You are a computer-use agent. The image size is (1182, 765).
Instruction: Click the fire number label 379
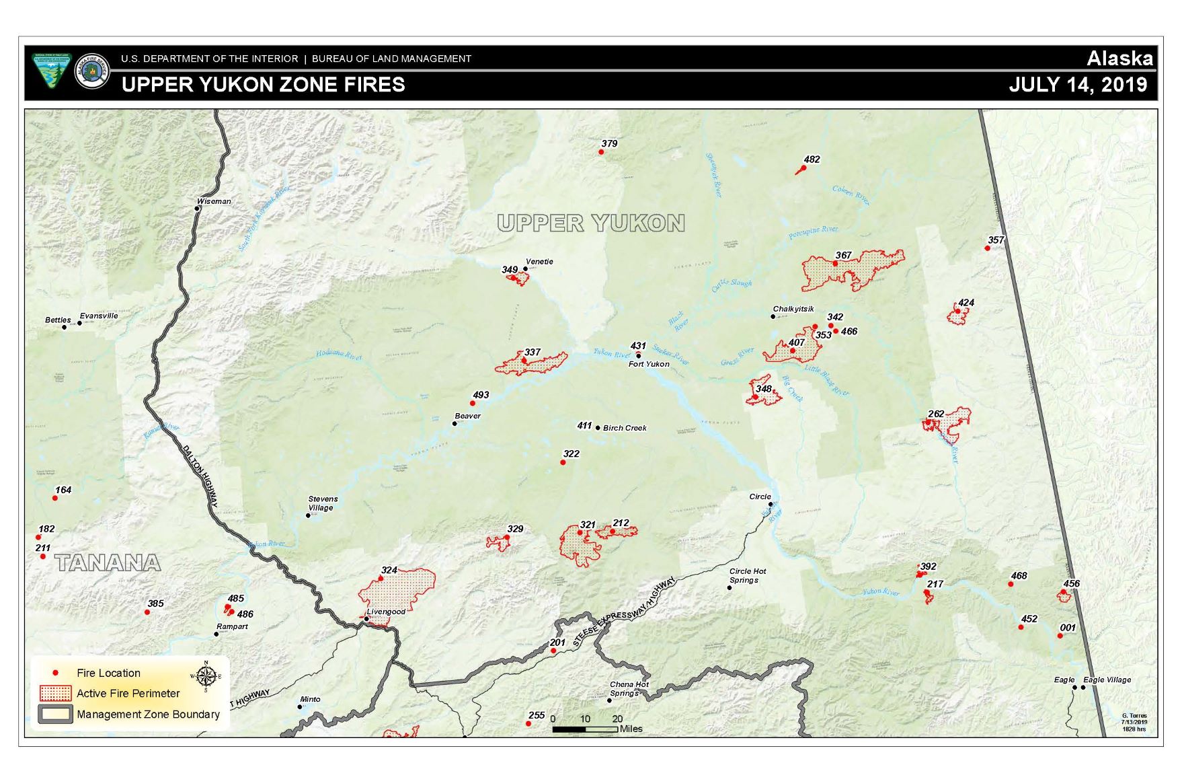coord(609,143)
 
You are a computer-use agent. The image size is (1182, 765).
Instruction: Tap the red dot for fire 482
coord(803,168)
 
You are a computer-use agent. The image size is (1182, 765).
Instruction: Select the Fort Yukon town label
coord(649,364)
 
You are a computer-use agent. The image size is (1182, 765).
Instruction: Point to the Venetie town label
coord(539,262)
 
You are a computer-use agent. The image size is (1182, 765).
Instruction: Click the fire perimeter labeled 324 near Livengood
coord(397,592)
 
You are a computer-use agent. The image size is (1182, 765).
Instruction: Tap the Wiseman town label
coord(214,201)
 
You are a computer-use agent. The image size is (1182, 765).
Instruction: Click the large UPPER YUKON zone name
coord(591,223)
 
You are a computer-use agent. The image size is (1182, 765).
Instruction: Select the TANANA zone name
coord(108,563)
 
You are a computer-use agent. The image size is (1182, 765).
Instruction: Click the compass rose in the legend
coord(206,675)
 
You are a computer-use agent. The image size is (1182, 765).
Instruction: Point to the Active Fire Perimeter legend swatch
coord(55,694)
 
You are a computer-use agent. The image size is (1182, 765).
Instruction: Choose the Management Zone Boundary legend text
coord(148,715)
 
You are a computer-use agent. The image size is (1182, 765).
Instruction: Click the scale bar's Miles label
coord(631,729)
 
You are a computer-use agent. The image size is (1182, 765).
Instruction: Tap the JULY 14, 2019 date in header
coord(1078,85)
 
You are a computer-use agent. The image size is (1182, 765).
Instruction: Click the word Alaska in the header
coord(1119,59)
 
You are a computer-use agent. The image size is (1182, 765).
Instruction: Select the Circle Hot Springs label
coord(748,575)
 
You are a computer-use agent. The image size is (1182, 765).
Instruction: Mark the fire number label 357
coord(996,240)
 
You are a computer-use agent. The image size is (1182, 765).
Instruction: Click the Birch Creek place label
coord(625,428)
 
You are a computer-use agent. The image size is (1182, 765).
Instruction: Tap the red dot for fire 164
coord(55,498)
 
